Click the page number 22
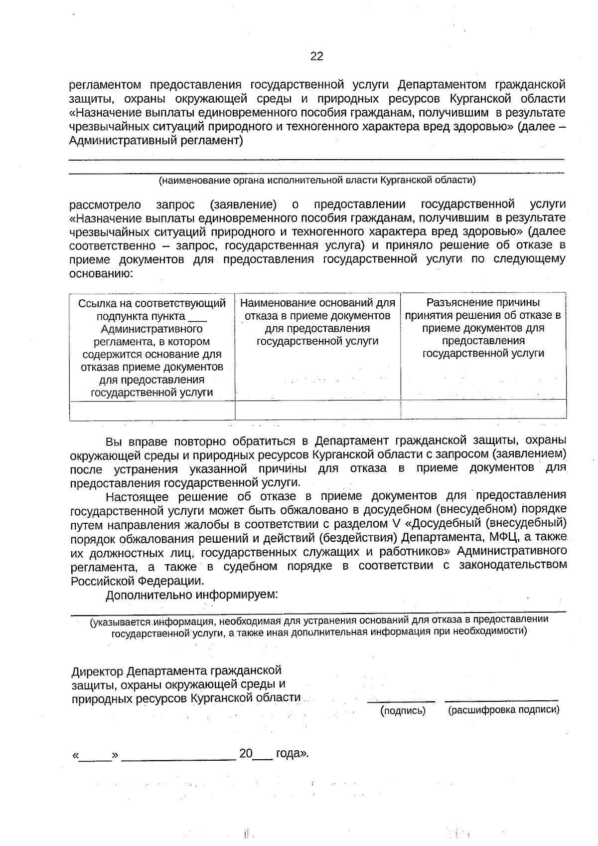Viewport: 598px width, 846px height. coord(316,56)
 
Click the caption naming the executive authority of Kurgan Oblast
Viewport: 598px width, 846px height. coord(317,181)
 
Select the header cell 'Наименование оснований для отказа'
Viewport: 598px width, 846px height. coord(317,322)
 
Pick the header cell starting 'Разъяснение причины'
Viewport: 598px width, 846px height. coord(483,328)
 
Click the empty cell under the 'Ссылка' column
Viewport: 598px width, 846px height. coord(152,410)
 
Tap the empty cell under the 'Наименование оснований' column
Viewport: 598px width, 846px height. coord(317,410)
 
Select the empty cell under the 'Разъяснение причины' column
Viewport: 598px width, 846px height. coord(483,410)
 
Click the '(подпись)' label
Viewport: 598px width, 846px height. coord(403,711)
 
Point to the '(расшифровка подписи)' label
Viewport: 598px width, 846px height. coord(503,710)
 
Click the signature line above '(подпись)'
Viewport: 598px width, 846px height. coord(401,701)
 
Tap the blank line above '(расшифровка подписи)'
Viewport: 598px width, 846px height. coord(501,701)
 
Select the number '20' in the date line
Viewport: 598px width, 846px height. coord(246,753)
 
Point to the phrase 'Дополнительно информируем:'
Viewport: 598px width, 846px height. coord(192,595)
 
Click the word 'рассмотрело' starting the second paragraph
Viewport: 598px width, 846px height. coord(105,205)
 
